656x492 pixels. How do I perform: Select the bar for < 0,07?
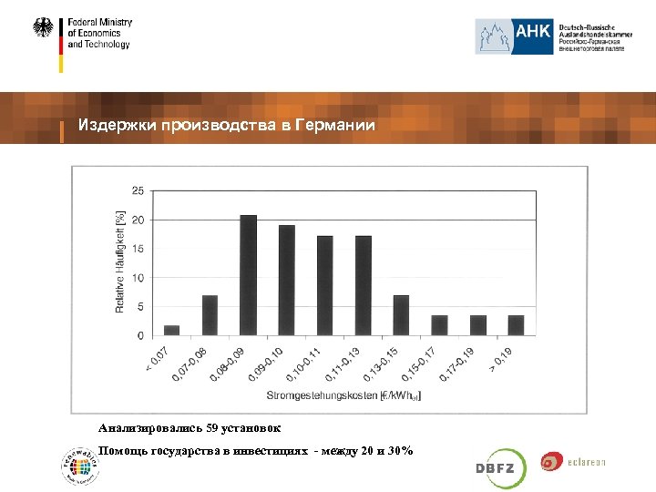click(172, 331)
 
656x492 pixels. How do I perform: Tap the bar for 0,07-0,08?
click(210, 315)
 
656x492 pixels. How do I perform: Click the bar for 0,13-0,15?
click(401, 315)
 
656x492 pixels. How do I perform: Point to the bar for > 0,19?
click(516, 325)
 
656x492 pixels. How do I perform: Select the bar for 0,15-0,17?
click(439, 325)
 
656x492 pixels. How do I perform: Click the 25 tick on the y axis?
click(138, 190)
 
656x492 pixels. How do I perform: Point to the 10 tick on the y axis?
click(138, 278)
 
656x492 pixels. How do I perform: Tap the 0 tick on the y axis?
click(140, 336)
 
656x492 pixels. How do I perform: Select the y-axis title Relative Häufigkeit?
click(120, 262)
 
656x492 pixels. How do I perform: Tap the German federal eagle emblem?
click(44, 28)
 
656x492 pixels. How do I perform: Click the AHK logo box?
click(514, 36)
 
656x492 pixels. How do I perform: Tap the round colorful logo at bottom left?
click(78, 465)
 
